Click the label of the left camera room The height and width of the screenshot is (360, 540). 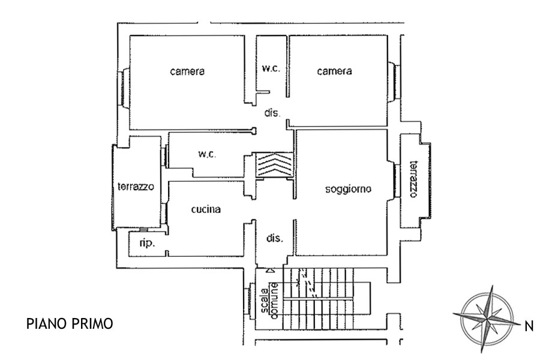(187, 71)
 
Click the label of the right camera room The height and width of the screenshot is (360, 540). (334, 71)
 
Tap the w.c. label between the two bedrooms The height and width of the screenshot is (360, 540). (271, 68)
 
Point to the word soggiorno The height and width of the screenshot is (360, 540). (348, 190)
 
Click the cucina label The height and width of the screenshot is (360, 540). (206, 209)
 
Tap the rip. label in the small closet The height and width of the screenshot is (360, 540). (147, 243)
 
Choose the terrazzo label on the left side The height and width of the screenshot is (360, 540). (136, 187)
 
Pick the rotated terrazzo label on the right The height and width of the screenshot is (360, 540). (413, 179)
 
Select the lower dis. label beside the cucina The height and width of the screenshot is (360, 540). (274, 238)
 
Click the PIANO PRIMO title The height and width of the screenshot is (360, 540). (70, 324)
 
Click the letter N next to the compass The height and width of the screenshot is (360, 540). (529, 326)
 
